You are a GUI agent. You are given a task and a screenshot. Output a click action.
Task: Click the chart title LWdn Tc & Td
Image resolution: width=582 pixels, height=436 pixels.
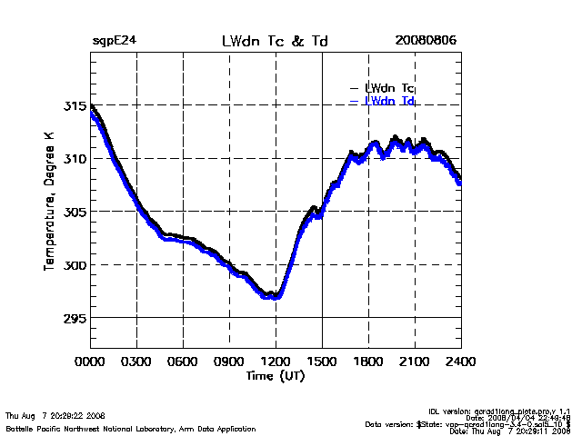[275, 42]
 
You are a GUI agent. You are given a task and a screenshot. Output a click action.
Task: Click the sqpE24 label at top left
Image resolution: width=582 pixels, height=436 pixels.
[114, 42]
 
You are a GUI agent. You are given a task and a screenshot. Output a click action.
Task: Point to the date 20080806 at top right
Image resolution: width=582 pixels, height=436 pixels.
[426, 42]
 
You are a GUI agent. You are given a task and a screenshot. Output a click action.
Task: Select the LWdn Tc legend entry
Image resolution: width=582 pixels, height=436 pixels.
[389, 88]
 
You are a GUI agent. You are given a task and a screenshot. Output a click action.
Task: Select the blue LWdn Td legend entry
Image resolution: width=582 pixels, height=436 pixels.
[389, 101]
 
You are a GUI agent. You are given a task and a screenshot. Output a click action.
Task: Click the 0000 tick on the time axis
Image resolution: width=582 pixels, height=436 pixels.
[90, 361]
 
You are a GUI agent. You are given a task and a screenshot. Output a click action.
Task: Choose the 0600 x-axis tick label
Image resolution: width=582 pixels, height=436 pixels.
[183, 361]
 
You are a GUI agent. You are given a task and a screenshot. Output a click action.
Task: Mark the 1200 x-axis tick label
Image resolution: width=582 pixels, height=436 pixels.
[276, 361]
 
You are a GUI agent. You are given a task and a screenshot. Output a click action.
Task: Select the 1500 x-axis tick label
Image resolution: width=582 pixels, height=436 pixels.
[322, 361]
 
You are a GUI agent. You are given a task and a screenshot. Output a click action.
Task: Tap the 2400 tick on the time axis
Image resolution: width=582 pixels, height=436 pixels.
[459, 361]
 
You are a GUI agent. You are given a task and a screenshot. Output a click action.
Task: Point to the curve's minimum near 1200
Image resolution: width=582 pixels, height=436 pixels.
[273, 296]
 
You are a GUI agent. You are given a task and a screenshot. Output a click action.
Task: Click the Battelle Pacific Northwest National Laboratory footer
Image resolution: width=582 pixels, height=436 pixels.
[131, 428]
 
